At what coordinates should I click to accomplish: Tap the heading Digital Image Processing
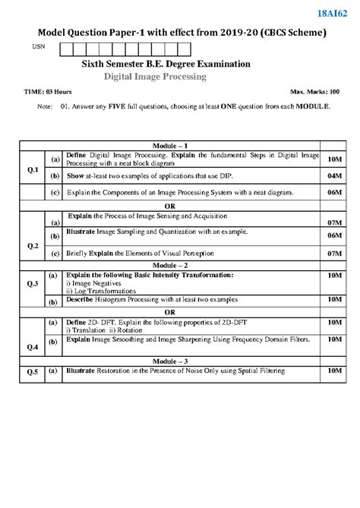pyautogui.click(x=155, y=77)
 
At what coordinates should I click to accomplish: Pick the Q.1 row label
pyautogui.click(x=33, y=171)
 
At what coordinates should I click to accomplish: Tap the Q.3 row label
pyautogui.click(x=33, y=284)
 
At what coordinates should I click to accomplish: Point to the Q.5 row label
pyautogui.click(x=33, y=372)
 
